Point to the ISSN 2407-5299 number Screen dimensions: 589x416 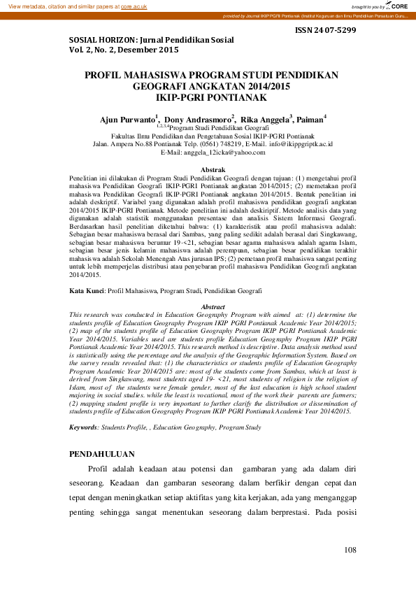327,31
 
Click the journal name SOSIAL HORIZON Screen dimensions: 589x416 105,41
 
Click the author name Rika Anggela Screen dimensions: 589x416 265,120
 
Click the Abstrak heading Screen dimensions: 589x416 213,170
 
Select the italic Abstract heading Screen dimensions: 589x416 213,307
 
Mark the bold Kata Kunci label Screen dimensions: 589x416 86,289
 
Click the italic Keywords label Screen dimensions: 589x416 88,426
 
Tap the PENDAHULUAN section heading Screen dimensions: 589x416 102,455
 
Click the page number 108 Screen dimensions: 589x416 350,551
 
